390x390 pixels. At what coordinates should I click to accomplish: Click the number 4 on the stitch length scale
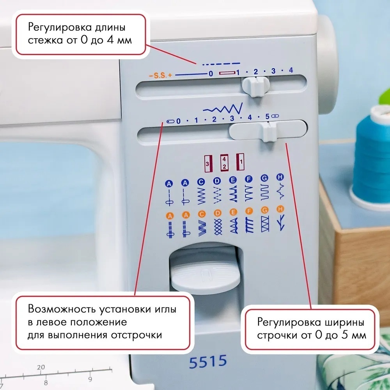pyautogui.click(x=291, y=70)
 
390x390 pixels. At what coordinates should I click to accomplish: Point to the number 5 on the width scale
pyautogui.click(x=267, y=116)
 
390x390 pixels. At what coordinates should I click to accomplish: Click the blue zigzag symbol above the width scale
pyautogui.click(x=223, y=108)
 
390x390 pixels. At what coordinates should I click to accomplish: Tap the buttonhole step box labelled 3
pyautogui.click(x=208, y=163)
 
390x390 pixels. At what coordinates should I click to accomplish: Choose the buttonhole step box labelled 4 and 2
pyautogui.click(x=224, y=163)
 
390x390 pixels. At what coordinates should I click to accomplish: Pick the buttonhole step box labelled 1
pyautogui.click(x=240, y=162)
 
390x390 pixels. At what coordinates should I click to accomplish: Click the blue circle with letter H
pyautogui.click(x=280, y=177)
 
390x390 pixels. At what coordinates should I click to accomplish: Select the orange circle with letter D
pyautogui.click(x=217, y=213)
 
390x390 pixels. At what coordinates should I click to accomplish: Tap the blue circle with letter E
pyautogui.click(x=233, y=180)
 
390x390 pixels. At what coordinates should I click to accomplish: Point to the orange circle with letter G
pyautogui.click(x=265, y=211)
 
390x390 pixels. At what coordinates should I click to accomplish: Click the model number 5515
pyautogui.click(x=208, y=361)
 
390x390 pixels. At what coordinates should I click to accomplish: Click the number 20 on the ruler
pyautogui.click(x=41, y=367)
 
